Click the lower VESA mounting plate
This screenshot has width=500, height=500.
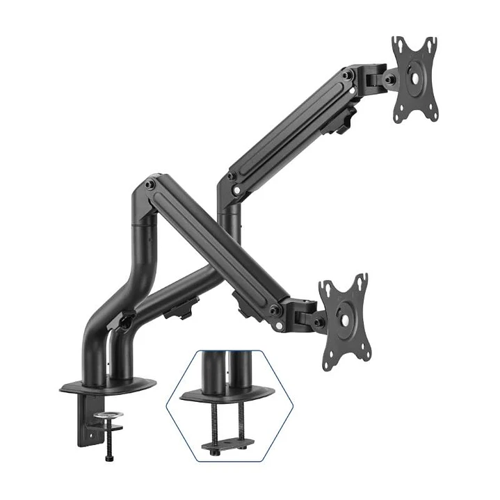[x=343, y=321]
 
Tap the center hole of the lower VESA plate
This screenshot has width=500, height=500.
[x=344, y=319]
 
